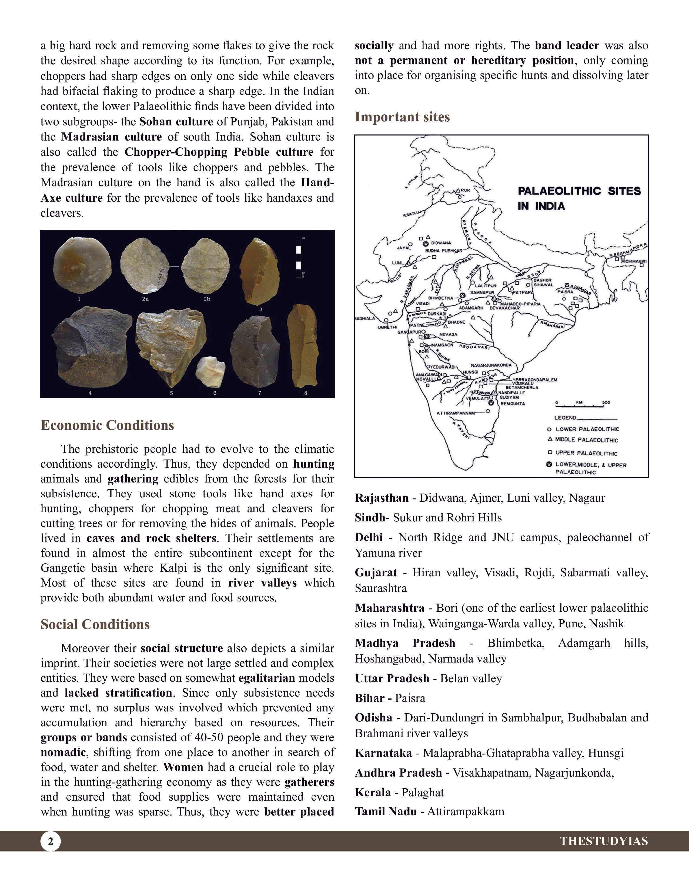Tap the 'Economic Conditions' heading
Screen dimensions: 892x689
[x=107, y=425]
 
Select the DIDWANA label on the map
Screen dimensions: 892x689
[x=441, y=243]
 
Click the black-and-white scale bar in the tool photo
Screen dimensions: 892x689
[x=298, y=257]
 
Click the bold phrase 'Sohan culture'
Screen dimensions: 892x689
[x=176, y=122]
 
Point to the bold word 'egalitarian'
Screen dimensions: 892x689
[x=266, y=678]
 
